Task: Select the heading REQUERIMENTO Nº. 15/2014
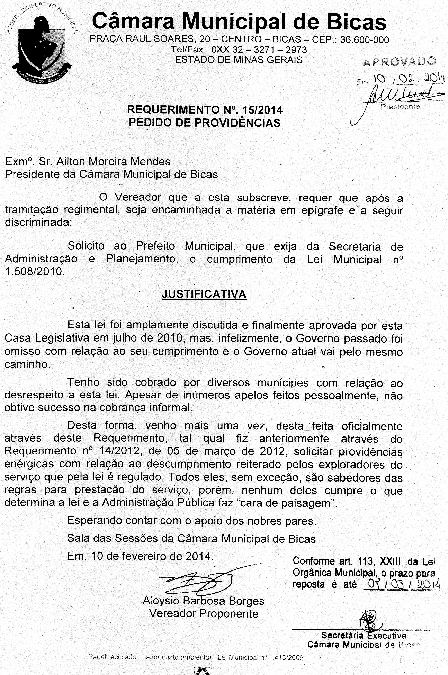tap(205, 110)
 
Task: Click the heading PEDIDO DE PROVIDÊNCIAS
tap(205, 123)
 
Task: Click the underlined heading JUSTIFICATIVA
tap(204, 294)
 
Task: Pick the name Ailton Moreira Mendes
tap(113, 162)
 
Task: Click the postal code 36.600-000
tap(365, 39)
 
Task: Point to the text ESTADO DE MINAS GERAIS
tap(239, 60)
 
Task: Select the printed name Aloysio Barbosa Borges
tap(203, 601)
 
